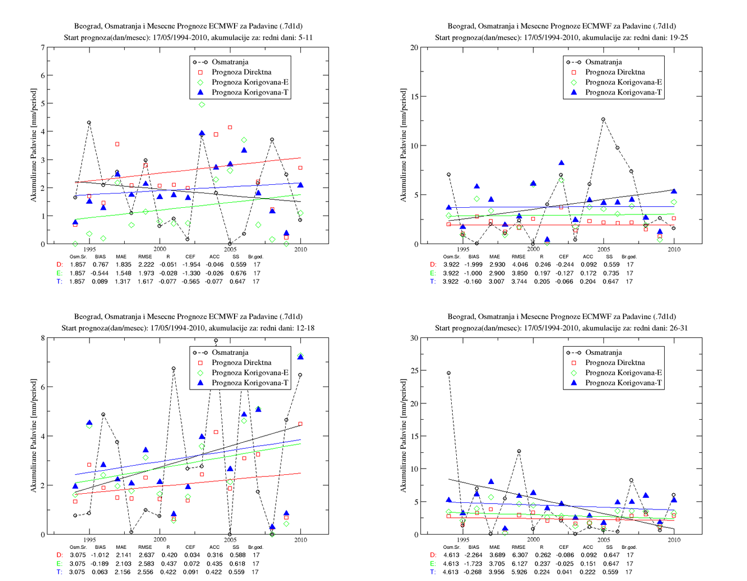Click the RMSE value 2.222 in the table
[146, 264]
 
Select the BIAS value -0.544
[99, 273]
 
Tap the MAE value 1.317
[123, 281]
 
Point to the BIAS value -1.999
[473, 264]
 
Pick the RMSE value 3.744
[519, 281]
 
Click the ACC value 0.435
[214, 564]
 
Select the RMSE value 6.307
[519, 555]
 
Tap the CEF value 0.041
[565, 572]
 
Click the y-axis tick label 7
[42, 47]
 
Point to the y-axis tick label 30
[414, 338]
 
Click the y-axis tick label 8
[42, 338]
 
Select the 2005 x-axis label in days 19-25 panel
[603, 249]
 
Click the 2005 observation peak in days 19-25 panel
[603, 119]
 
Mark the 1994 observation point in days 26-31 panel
[449, 373]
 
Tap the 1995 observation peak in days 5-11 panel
[89, 123]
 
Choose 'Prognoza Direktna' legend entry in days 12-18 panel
[241, 362]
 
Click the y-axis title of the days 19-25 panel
[403, 145]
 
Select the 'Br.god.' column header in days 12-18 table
[255, 547]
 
